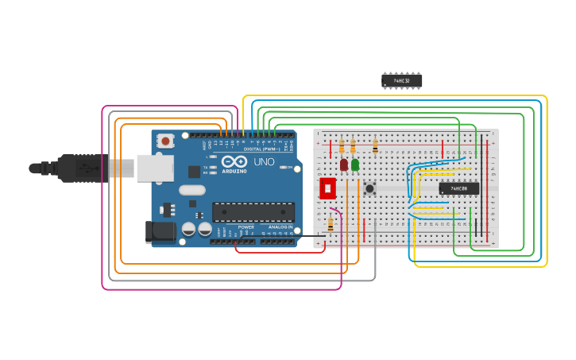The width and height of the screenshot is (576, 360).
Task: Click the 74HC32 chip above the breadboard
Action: pyautogui.click(x=401, y=80)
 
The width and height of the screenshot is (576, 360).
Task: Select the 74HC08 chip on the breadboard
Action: pyautogui.click(x=458, y=188)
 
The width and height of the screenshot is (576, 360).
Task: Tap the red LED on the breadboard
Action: pyautogui.click(x=344, y=165)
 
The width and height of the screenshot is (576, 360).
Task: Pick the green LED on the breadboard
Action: pyautogui.click(x=354, y=165)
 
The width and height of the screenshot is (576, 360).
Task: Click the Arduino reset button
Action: pyautogui.click(x=165, y=141)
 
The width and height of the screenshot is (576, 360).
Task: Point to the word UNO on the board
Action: pyautogui.click(x=264, y=162)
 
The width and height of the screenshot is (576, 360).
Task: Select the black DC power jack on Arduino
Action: pyautogui.click(x=159, y=231)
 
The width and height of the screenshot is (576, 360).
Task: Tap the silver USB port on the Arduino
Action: pyautogui.click(x=155, y=168)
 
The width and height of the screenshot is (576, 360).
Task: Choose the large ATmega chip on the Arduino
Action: pyautogui.click(x=253, y=211)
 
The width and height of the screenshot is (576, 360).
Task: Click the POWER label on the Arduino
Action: pyautogui.click(x=246, y=227)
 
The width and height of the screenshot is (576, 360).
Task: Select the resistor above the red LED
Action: pyautogui.click(x=342, y=147)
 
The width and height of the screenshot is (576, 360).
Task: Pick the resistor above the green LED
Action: pyautogui.click(x=353, y=147)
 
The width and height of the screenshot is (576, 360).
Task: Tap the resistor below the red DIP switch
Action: pyautogui.click(x=331, y=225)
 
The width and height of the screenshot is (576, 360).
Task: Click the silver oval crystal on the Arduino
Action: pyautogui.click(x=192, y=190)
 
